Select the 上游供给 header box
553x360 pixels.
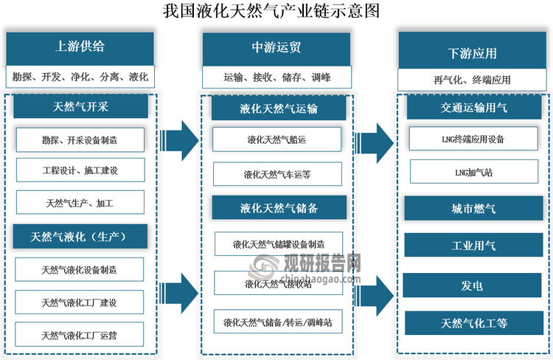point(80,47)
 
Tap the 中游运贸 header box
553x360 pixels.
point(276,48)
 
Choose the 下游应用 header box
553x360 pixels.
point(472,52)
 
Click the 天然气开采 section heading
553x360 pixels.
point(80,108)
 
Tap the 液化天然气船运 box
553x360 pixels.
point(277,139)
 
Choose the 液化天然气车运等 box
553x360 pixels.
point(277,174)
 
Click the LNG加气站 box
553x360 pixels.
point(473,171)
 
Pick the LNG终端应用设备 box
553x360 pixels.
point(473,138)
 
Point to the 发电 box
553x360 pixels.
point(473,285)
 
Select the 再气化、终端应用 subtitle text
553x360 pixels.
point(472,80)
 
